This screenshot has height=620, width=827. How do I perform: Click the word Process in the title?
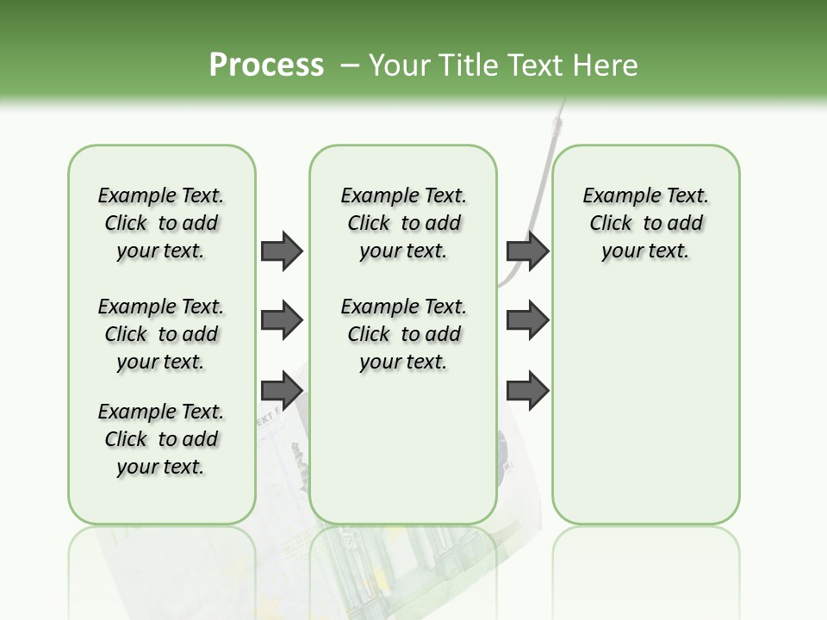[x=266, y=65]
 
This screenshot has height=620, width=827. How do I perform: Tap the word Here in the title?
[x=606, y=65]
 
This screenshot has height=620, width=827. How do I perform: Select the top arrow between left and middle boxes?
[x=282, y=251]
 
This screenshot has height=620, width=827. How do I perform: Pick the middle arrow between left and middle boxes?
[x=282, y=320]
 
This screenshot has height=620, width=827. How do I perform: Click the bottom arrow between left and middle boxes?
[x=282, y=390]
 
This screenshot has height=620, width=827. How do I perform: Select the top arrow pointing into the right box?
[x=527, y=251]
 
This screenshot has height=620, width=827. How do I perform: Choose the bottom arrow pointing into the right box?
[x=527, y=390]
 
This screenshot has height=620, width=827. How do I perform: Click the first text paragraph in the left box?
[x=161, y=223]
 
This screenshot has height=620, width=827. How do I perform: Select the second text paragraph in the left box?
[x=161, y=334]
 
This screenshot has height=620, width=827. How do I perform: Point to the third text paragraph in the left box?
[x=161, y=439]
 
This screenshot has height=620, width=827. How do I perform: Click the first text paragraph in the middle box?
[x=404, y=223]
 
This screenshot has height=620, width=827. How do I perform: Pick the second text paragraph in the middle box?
[x=404, y=334]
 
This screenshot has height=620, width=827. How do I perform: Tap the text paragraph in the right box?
[x=646, y=223]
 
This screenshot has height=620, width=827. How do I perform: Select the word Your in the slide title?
[x=397, y=65]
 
